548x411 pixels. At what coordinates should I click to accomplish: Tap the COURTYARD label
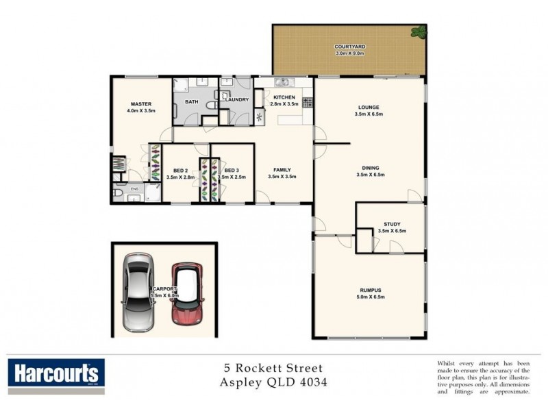[x=349, y=46]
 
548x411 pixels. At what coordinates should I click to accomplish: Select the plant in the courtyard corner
[x=417, y=31]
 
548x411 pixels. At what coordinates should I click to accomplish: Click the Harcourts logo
[x=57, y=374]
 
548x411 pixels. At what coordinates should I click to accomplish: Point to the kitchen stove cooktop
[x=308, y=103]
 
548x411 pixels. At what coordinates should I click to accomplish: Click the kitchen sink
[x=280, y=83]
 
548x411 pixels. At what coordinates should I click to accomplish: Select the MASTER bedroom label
[x=141, y=103]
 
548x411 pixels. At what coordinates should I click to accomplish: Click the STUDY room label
[x=393, y=224]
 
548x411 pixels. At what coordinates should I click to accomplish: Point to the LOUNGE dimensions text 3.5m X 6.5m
[x=369, y=114]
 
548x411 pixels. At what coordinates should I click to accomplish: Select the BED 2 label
[x=181, y=170]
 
